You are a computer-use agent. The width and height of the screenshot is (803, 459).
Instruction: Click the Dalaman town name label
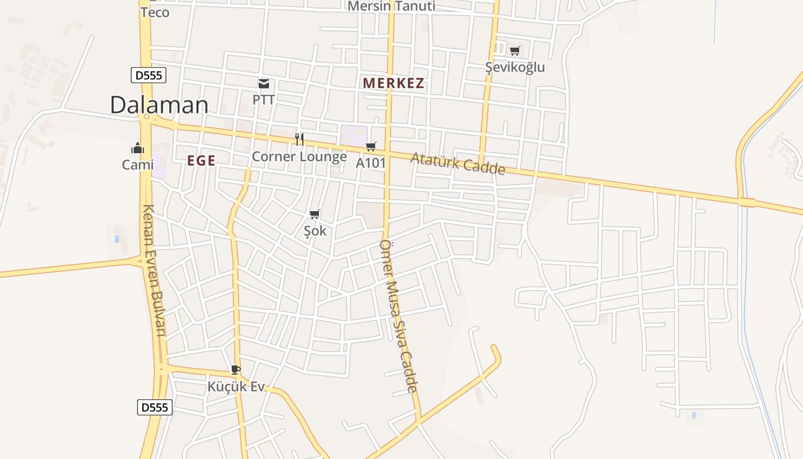pos(159,105)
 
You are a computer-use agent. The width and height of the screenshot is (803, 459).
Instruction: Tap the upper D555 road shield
pos(149,75)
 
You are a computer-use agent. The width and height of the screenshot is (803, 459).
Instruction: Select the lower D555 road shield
pos(155,407)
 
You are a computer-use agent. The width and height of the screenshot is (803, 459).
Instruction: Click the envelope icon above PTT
pos(264,84)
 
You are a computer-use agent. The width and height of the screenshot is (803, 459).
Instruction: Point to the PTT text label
pos(264,100)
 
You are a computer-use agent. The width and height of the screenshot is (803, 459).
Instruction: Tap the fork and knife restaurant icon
pos(299,139)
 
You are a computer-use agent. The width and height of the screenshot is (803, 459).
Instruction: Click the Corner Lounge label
pos(299,157)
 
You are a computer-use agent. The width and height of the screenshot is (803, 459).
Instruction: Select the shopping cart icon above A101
pos(371,147)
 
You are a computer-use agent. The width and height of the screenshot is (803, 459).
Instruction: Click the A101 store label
pos(371,163)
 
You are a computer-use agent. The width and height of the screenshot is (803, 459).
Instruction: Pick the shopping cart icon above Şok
pos(314,215)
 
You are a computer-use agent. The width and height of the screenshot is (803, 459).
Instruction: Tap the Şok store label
pos(315,231)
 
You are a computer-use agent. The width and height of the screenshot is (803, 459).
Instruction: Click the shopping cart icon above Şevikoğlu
pos(515,51)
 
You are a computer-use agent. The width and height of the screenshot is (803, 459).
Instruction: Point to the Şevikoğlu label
pos(515,67)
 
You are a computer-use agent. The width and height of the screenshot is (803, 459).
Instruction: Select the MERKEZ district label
pos(393,83)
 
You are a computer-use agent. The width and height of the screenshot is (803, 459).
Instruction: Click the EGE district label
pos(201,161)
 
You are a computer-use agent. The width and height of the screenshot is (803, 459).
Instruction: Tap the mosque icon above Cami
pos(138,148)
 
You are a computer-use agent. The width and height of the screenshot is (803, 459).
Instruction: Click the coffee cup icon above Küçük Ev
pos(235,369)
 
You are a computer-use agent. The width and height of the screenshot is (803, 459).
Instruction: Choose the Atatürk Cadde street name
pos(458,164)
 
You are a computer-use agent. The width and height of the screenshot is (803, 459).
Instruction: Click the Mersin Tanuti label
pos(392,6)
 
